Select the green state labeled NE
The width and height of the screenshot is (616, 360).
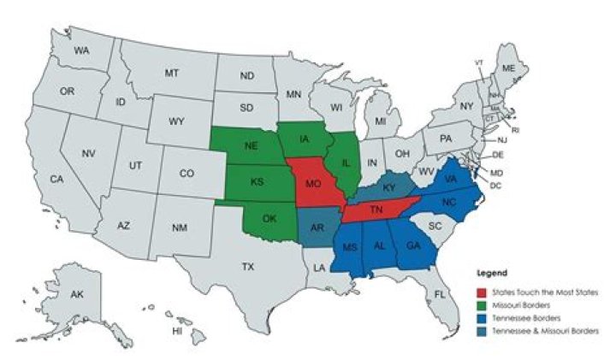point(251,146)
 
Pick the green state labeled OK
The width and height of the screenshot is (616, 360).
point(269,218)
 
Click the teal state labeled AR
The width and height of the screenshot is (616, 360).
point(316,227)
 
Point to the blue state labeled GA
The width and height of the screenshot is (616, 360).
point(413,245)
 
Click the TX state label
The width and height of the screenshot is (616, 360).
point(247,267)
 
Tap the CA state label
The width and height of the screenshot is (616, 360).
point(56,180)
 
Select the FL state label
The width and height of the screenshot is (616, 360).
point(440,295)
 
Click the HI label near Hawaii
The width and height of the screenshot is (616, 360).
point(178,330)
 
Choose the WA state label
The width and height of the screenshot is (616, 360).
point(81,51)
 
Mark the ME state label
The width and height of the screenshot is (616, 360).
point(508,68)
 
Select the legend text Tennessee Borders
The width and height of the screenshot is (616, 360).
point(521,318)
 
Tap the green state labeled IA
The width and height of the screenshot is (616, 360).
point(305,139)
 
